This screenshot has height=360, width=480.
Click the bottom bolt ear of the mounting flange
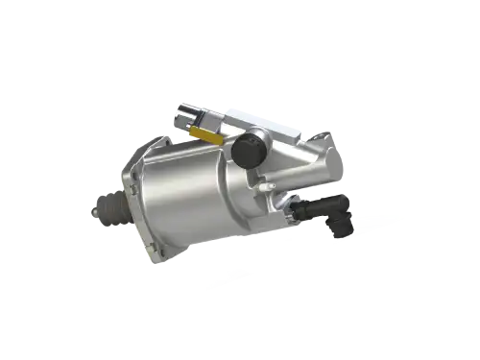coord(154,256)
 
